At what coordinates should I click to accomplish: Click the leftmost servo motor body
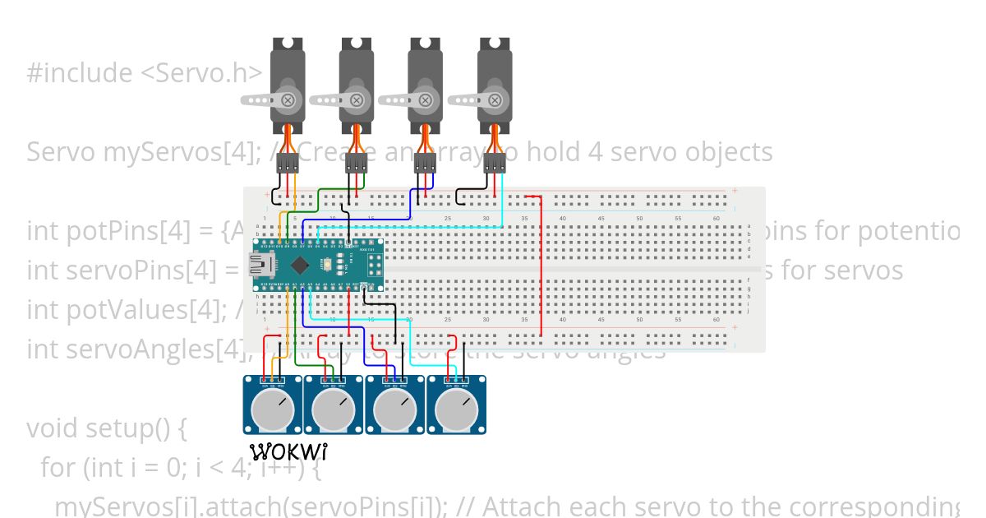click(288, 82)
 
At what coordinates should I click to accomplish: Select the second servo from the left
click(357, 82)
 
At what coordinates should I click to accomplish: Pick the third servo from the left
click(426, 82)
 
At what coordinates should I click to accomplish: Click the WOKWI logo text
click(288, 451)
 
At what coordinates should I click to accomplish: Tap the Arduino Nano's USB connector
click(265, 265)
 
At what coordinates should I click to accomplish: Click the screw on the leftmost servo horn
click(288, 100)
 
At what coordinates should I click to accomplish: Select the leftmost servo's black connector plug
click(288, 162)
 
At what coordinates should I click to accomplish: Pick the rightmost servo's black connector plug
click(495, 162)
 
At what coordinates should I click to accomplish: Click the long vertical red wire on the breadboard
click(541, 271)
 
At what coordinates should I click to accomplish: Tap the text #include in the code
click(79, 73)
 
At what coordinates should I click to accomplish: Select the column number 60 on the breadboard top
click(716, 218)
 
